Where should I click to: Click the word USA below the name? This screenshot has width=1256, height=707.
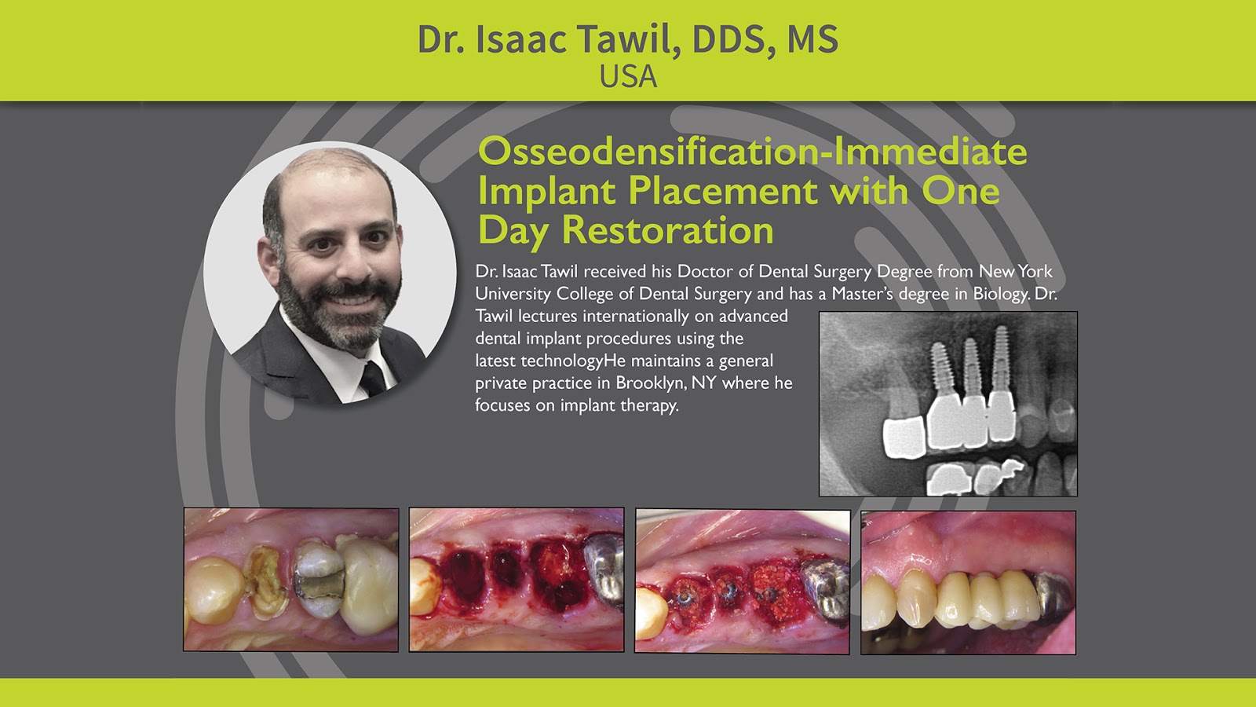628,77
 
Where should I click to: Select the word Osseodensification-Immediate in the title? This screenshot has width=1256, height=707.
752,151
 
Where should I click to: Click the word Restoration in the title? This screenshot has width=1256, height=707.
668,230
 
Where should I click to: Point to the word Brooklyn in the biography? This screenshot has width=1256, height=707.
648,383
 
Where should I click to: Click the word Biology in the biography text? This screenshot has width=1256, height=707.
1001,294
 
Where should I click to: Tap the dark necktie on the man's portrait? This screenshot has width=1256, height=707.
371,378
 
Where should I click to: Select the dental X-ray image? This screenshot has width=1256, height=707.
947,404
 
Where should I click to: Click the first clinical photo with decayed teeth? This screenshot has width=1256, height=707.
291,580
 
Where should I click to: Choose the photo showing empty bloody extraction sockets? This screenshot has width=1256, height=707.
517,580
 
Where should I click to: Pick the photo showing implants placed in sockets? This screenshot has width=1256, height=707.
742,581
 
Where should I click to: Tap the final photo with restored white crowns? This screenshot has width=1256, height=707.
968,582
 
